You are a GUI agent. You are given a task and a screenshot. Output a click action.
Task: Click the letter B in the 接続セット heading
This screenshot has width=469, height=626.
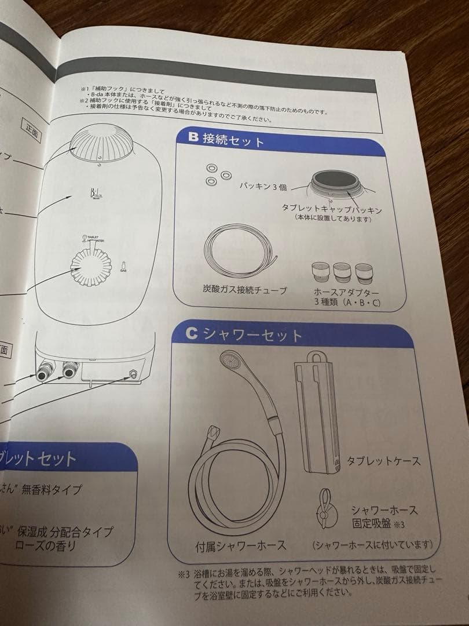pyautogui.click(x=193, y=138)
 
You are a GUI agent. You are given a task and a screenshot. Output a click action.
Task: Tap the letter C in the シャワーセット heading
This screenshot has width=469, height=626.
pyautogui.click(x=192, y=334)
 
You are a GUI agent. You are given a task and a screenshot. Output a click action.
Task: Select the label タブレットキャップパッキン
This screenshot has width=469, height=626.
pyautogui.click(x=332, y=208)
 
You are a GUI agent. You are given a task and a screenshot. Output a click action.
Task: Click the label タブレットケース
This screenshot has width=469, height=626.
pyautogui.click(x=383, y=461)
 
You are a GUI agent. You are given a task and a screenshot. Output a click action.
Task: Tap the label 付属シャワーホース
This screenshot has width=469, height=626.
pyautogui.click(x=241, y=545)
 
